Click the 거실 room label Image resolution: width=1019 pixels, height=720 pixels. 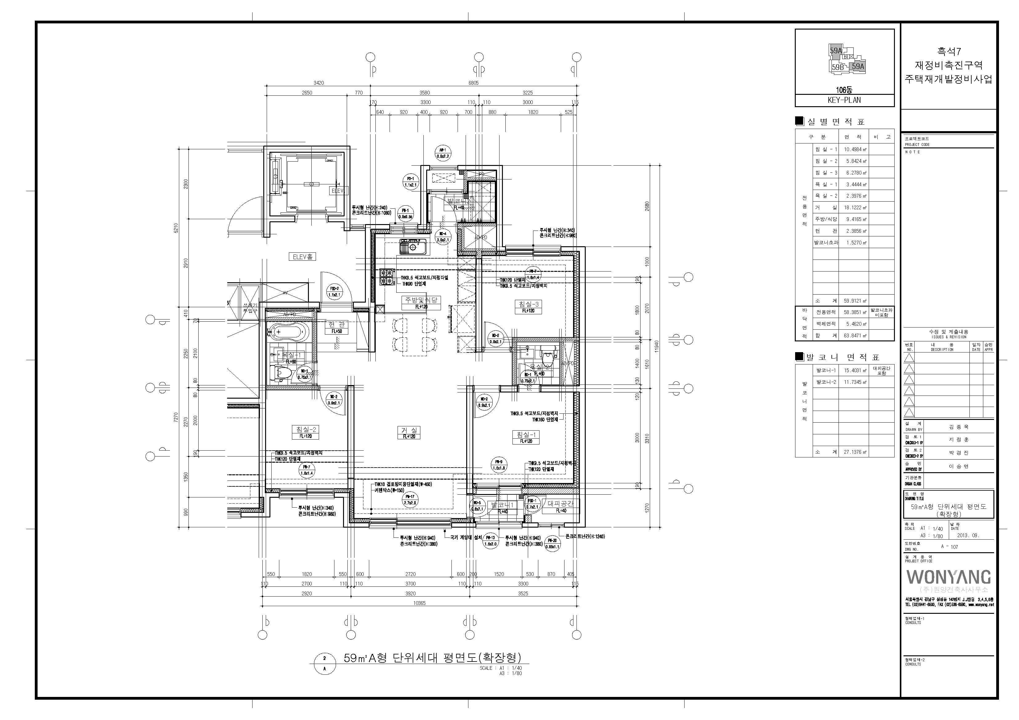click(409, 430)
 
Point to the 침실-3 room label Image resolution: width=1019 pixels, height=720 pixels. click(528, 304)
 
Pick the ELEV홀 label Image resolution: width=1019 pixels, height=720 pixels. click(303, 257)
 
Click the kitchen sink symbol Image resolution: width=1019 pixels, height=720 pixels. click(413, 247)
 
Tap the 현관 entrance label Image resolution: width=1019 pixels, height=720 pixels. click(336, 325)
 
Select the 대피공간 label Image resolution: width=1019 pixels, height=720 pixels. click(560, 504)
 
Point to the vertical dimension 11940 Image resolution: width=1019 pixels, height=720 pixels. click(657, 346)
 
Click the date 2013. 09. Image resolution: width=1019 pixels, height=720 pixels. click(968, 535)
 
